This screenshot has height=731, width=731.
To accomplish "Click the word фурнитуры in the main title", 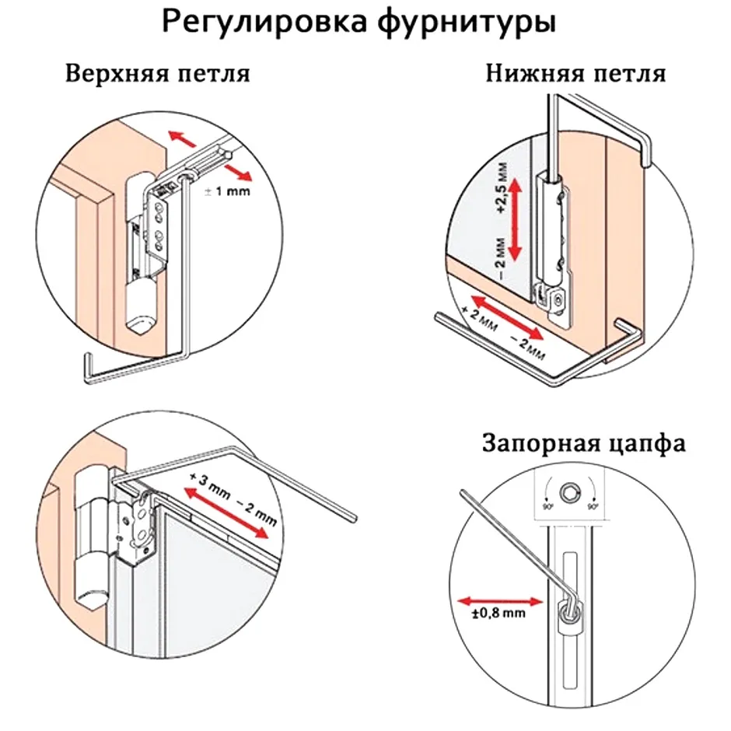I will click(467, 23).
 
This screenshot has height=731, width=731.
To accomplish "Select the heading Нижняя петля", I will click(575, 75).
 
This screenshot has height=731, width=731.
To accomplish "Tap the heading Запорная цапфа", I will click(583, 444).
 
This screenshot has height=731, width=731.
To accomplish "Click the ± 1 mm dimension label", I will click(227, 191).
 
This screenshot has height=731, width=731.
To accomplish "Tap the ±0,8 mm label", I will click(498, 614).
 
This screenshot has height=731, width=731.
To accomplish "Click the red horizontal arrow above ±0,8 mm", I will click(499, 600).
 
